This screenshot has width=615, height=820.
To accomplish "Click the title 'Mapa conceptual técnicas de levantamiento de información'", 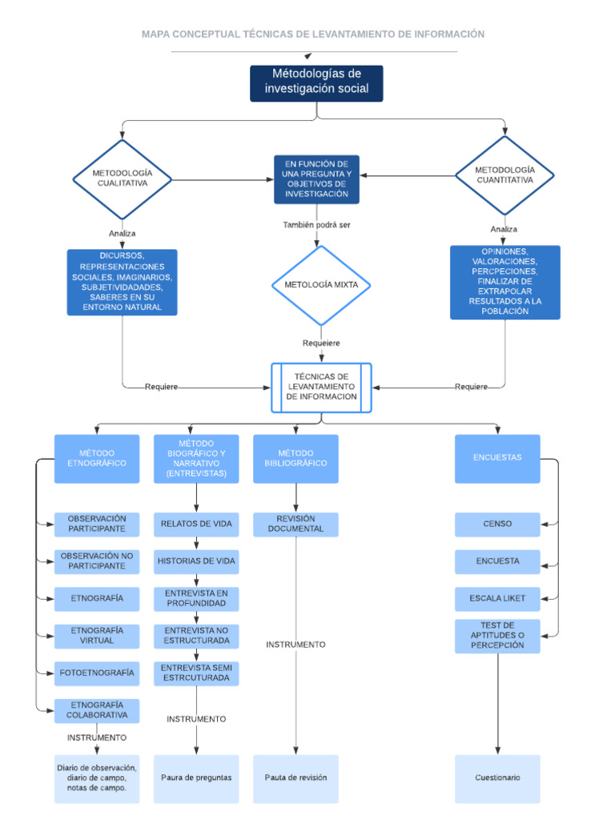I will click(x=313, y=34).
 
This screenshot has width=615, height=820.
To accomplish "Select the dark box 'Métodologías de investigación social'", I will click(x=316, y=82).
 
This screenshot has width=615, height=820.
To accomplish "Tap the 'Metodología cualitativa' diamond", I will click(x=122, y=179).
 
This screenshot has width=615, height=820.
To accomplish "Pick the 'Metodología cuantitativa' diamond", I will click(x=504, y=175).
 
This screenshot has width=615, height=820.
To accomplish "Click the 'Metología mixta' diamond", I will click(x=320, y=285).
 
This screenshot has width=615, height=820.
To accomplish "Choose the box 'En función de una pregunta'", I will click(x=316, y=179).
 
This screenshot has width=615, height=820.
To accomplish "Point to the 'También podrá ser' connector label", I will click(x=316, y=225).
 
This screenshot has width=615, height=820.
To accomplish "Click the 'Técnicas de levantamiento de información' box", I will click(x=321, y=387).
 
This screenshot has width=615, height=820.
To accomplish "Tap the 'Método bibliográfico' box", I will click(x=295, y=458).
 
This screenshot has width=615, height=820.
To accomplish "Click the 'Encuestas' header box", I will click(x=497, y=458).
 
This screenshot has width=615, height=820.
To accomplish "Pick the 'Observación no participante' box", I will click(x=96, y=561).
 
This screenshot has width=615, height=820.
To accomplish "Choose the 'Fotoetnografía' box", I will click(x=96, y=673).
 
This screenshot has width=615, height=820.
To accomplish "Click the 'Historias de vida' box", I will click(x=196, y=561).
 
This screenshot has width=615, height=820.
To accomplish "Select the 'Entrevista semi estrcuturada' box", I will click(x=196, y=673).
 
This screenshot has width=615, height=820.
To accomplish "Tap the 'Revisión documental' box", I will click(x=295, y=524).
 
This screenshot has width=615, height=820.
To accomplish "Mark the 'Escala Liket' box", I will click(x=497, y=597).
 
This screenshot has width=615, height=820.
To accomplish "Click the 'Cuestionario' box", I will click(x=497, y=778).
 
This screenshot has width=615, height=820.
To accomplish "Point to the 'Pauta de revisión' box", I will click(x=295, y=778).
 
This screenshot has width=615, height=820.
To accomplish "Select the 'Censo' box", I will click(x=497, y=525).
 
